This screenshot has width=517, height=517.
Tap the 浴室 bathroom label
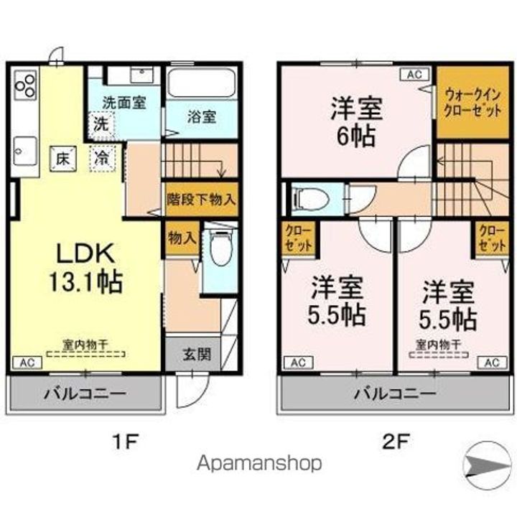(202, 117)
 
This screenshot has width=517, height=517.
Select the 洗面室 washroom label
(123, 102)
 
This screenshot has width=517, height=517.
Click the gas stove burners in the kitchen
(24, 84)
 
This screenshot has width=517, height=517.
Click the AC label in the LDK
(24, 362)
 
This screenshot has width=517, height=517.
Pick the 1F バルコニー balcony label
(85, 393)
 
